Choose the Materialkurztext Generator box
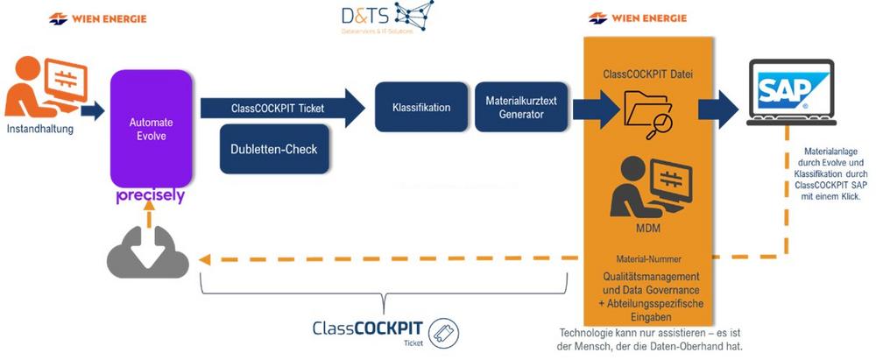(514, 108)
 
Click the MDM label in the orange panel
(647, 229)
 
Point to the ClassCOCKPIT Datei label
(647, 74)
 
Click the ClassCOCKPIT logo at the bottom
(385, 332)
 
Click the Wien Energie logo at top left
(98, 18)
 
